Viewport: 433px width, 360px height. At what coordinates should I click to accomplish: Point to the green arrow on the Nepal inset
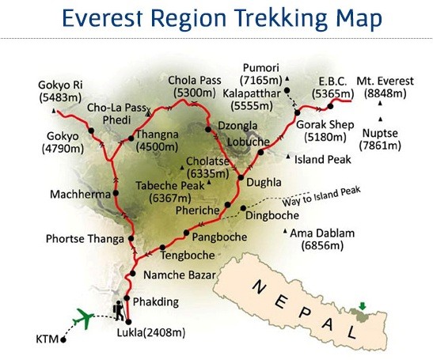[363, 305]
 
